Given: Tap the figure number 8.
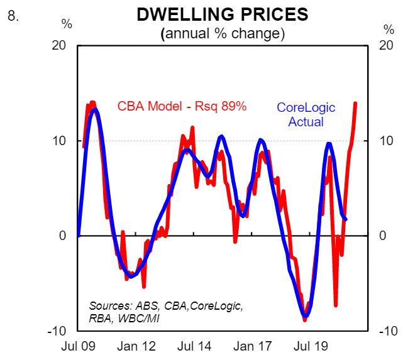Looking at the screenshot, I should (x=12, y=16).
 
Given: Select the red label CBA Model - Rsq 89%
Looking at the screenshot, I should (x=182, y=106).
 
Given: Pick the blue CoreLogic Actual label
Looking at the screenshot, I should (x=306, y=114).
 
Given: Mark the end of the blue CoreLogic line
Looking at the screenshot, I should (x=346, y=219).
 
